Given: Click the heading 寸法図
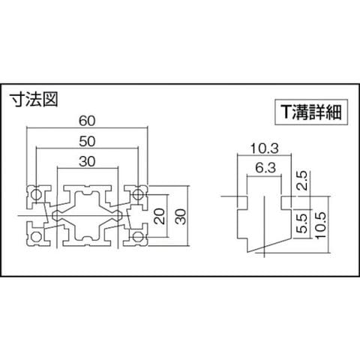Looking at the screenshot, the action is coord(34,100).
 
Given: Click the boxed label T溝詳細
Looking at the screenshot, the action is coord(311,112).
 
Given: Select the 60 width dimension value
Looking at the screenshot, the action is coord(87,121).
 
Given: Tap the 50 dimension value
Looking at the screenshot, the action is coord(87,142).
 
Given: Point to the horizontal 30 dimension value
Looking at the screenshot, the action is coord(87,161).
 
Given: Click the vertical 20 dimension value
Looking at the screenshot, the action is coord(160,216).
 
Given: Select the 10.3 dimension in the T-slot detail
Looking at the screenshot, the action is coord(264,149).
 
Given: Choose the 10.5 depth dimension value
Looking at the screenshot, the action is coord(321,225).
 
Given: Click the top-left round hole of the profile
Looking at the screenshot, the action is coord(36,194).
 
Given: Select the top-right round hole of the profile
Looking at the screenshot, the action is coord(138,194).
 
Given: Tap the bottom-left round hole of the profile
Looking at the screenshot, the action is coord(36,236).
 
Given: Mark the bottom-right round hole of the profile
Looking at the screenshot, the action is coord(138,236).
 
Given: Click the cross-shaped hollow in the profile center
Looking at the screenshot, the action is coord(87,215).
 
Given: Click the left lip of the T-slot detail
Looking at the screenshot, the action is coord(242,202).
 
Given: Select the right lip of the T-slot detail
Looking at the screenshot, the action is coord(286,202).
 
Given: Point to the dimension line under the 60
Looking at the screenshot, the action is coord(87,127).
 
